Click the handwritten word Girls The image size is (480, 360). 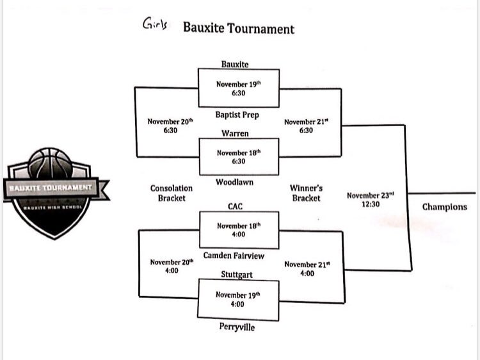click(x=156, y=23)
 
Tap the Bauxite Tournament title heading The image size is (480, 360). click(x=239, y=28)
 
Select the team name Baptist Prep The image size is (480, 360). click(x=237, y=115)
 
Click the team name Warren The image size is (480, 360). click(x=235, y=133)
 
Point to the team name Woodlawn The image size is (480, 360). click(x=234, y=182)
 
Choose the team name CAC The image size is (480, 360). click(x=235, y=206)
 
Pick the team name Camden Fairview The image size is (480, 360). click(x=234, y=256)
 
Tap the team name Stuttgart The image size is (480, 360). click(x=237, y=275)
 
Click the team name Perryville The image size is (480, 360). click(x=237, y=327)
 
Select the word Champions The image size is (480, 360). click(x=445, y=207)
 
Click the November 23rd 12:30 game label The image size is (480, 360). click(x=371, y=199)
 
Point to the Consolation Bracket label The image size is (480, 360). click(x=172, y=193)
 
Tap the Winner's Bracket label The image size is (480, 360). click(x=306, y=193)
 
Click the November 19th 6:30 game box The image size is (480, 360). click(x=239, y=88)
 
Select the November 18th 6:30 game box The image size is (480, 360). click(x=239, y=157)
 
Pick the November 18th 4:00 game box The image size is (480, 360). click(x=239, y=230)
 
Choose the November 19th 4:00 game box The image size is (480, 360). click(x=238, y=300)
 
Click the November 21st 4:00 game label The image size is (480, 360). click(x=307, y=268)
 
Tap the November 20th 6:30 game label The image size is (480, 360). click(x=170, y=126)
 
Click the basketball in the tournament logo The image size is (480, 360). click(x=51, y=164)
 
